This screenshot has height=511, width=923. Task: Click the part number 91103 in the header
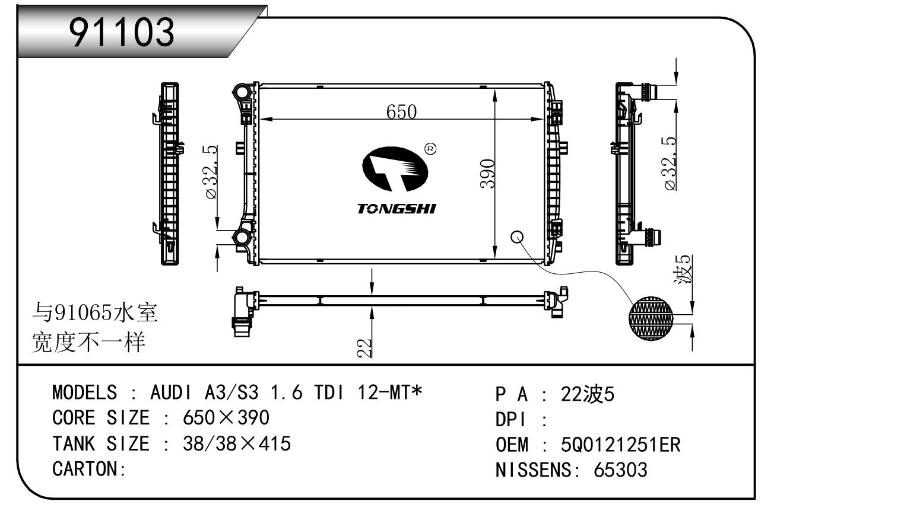(122, 32)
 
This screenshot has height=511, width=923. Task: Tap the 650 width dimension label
(401, 111)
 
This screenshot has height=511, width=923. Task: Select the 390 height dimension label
(487, 174)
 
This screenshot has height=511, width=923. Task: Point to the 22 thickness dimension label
(364, 347)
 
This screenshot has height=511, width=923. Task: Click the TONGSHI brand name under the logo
(397, 209)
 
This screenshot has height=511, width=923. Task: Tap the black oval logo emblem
(395, 169)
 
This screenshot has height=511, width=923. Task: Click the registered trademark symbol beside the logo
(430, 149)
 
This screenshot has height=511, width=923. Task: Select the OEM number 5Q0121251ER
(620, 445)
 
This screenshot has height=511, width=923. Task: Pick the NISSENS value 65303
(620, 470)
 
